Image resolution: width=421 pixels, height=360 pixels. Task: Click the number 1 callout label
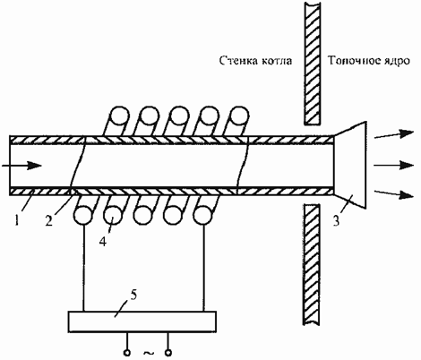click(x=17, y=221)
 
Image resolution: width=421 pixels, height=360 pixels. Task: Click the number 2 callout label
click(x=49, y=221)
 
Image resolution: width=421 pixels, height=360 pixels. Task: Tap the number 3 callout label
click(x=337, y=221)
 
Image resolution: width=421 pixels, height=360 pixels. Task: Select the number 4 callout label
click(x=103, y=242)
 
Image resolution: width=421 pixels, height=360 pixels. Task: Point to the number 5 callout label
click(x=133, y=296)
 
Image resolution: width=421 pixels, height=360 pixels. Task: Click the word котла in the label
click(x=277, y=61)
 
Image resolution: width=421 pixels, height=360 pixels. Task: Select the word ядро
click(x=397, y=62)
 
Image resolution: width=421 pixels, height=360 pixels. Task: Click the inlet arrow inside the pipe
click(x=21, y=166)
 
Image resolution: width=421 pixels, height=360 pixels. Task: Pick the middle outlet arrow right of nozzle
click(x=393, y=165)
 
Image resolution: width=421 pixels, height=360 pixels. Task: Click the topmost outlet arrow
click(x=394, y=134)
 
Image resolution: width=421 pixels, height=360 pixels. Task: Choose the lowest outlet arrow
click(x=394, y=193)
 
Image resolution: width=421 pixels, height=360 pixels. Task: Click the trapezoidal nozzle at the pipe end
click(x=350, y=165)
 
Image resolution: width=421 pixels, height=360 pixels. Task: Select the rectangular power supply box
click(x=142, y=321)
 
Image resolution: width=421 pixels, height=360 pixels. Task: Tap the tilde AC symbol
click(x=149, y=353)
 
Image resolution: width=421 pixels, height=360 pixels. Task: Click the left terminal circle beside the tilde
click(x=127, y=353)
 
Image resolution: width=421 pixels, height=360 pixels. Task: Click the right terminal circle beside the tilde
click(x=168, y=353)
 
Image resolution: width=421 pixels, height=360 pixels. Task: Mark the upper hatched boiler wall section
click(x=313, y=63)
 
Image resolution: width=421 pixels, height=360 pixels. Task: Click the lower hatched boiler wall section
click(x=313, y=264)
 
